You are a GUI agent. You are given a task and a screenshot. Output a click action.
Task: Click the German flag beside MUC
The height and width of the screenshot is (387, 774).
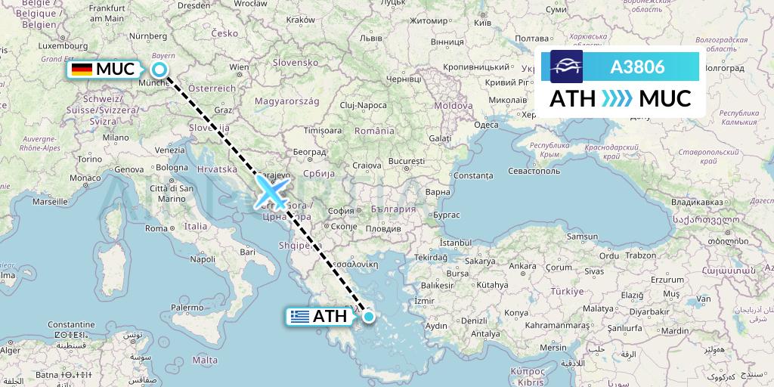pyautogui.click(x=82, y=70)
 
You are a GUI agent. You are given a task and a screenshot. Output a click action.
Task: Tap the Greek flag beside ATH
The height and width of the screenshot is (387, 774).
pyautogui.click(x=299, y=317)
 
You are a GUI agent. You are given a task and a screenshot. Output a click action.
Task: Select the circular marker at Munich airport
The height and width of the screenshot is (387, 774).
pyautogui.click(x=159, y=70)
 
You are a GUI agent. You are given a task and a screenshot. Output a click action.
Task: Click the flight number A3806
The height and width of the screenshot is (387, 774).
pyautogui.click(x=637, y=67)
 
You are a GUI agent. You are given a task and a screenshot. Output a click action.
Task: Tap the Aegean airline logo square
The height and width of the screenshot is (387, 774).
pyautogui.click(x=566, y=67)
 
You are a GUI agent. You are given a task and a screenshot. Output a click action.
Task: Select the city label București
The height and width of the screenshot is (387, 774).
pyautogui.click(x=407, y=162)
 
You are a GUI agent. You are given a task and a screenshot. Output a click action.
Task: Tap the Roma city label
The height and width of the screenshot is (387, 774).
pyautogui.click(x=156, y=228)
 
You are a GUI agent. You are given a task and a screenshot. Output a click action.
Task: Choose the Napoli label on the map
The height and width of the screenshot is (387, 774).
pyautogui.click(x=203, y=259)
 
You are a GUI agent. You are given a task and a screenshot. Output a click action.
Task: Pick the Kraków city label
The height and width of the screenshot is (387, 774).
pyautogui.click(x=301, y=19)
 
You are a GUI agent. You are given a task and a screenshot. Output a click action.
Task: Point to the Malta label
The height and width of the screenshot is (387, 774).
pyautogui.click(x=205, y=361)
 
